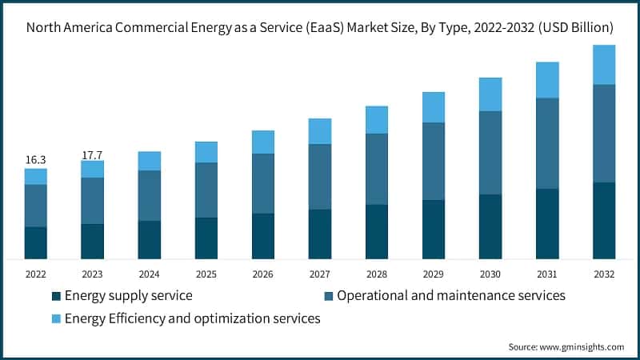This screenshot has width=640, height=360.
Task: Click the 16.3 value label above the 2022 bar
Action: coord(35,160)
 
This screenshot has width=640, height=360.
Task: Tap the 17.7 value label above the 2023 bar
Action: coord(92,154)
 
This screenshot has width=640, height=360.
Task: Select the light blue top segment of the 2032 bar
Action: coord(604,65)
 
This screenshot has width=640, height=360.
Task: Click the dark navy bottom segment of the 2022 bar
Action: coord(35,243)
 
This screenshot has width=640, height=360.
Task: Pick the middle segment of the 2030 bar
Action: coord(490,153)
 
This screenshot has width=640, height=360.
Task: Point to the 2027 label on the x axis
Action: coord(319,274)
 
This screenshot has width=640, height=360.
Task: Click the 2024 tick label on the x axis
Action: coord(149,274)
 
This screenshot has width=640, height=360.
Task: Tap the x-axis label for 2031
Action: coord(547,274)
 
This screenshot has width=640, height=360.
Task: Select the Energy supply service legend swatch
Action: coord(56,296)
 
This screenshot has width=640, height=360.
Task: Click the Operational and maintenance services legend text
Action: coord(451,296)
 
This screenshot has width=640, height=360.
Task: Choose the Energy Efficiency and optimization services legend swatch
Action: coord(56,319)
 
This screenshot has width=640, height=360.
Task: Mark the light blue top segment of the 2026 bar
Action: coord(262,142)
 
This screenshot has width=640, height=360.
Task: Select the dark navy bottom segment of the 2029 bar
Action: coord(434,230)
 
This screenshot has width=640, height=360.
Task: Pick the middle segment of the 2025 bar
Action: coord(206,190)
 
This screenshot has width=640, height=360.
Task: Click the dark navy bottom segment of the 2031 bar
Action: coord(547,224)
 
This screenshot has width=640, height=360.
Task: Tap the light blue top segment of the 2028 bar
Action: coord(377,120)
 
